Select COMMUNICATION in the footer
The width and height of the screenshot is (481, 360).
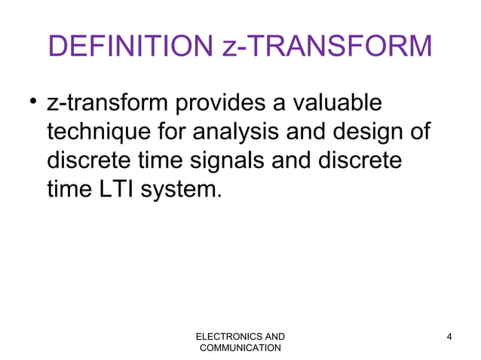240,348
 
